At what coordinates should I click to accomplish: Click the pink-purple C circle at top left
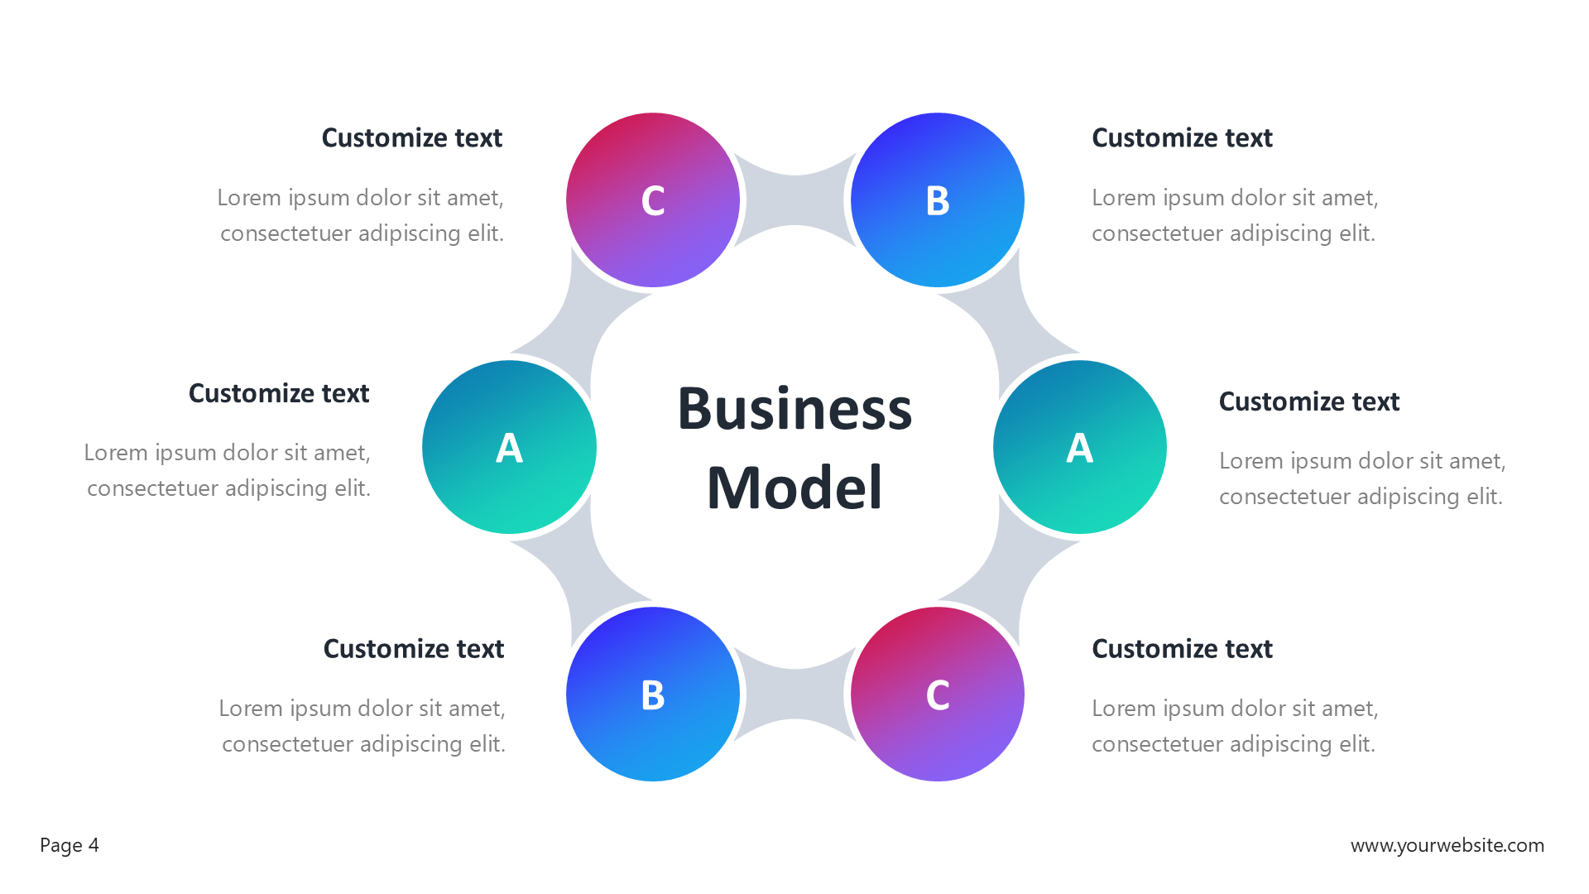coord(652,199)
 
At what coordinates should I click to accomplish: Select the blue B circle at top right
coord(937,199)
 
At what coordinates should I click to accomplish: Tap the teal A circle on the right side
coord(1079,447)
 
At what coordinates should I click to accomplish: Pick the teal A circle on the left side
coord(509,447)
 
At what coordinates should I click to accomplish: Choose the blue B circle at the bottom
coord(652,694)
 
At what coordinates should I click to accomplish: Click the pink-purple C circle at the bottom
coord(937,694)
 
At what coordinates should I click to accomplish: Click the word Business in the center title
coord(794,409)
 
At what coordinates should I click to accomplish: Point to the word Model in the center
coord(794,488)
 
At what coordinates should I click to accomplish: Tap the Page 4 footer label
coord(70,845)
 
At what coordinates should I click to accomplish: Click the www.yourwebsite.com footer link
coord(1447,845)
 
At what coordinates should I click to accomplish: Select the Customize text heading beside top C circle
coord(411,137)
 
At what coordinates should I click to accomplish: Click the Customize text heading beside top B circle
coord(1182,137)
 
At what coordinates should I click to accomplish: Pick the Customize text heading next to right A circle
coord(1308,401)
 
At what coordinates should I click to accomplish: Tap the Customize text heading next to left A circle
coord(279,393)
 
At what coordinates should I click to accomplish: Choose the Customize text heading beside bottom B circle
coord(413,649)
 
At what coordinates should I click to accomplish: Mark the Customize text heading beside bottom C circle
coord(1182,649)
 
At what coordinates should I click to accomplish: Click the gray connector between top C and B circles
coord(794,199)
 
